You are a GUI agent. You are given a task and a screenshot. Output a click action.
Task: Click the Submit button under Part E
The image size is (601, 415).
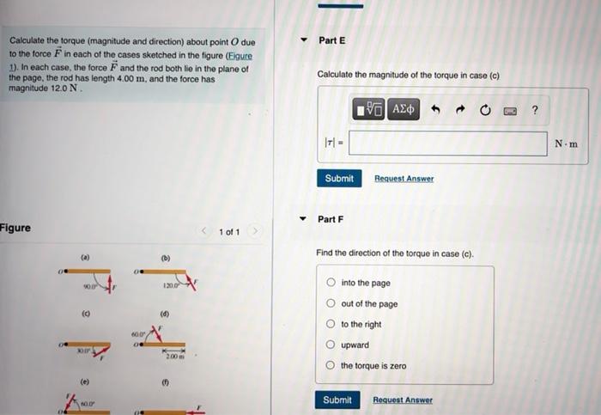coord(339,178)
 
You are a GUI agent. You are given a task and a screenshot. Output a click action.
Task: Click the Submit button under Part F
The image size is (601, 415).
coord(337,400)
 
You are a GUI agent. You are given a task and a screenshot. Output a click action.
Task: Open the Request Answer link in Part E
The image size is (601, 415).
coord(404,179)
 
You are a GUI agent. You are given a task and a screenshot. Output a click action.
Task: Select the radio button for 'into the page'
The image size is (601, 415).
coord(331,283)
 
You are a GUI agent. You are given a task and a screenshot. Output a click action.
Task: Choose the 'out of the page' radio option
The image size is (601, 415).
coord(331,303)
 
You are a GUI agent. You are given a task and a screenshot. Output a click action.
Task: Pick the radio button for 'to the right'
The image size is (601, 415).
coord(331,325)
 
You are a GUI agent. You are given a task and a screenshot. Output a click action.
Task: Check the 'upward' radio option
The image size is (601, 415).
coord(331,345)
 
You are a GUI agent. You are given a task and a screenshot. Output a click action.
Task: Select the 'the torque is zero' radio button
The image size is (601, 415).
coord(331,366)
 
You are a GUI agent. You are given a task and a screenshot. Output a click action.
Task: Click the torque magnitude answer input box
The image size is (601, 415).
coord(447,143)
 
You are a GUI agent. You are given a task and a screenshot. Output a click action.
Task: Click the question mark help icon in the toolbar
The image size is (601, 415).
coord(535,109)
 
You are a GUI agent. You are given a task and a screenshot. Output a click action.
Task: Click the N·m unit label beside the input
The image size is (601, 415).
coord(566,143)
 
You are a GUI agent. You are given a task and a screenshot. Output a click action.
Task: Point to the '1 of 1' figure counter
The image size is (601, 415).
coord(229,232)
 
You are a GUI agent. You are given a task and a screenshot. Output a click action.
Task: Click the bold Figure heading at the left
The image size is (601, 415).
coord(15,228)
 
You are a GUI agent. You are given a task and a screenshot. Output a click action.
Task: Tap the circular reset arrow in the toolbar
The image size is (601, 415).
coord(485,109)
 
